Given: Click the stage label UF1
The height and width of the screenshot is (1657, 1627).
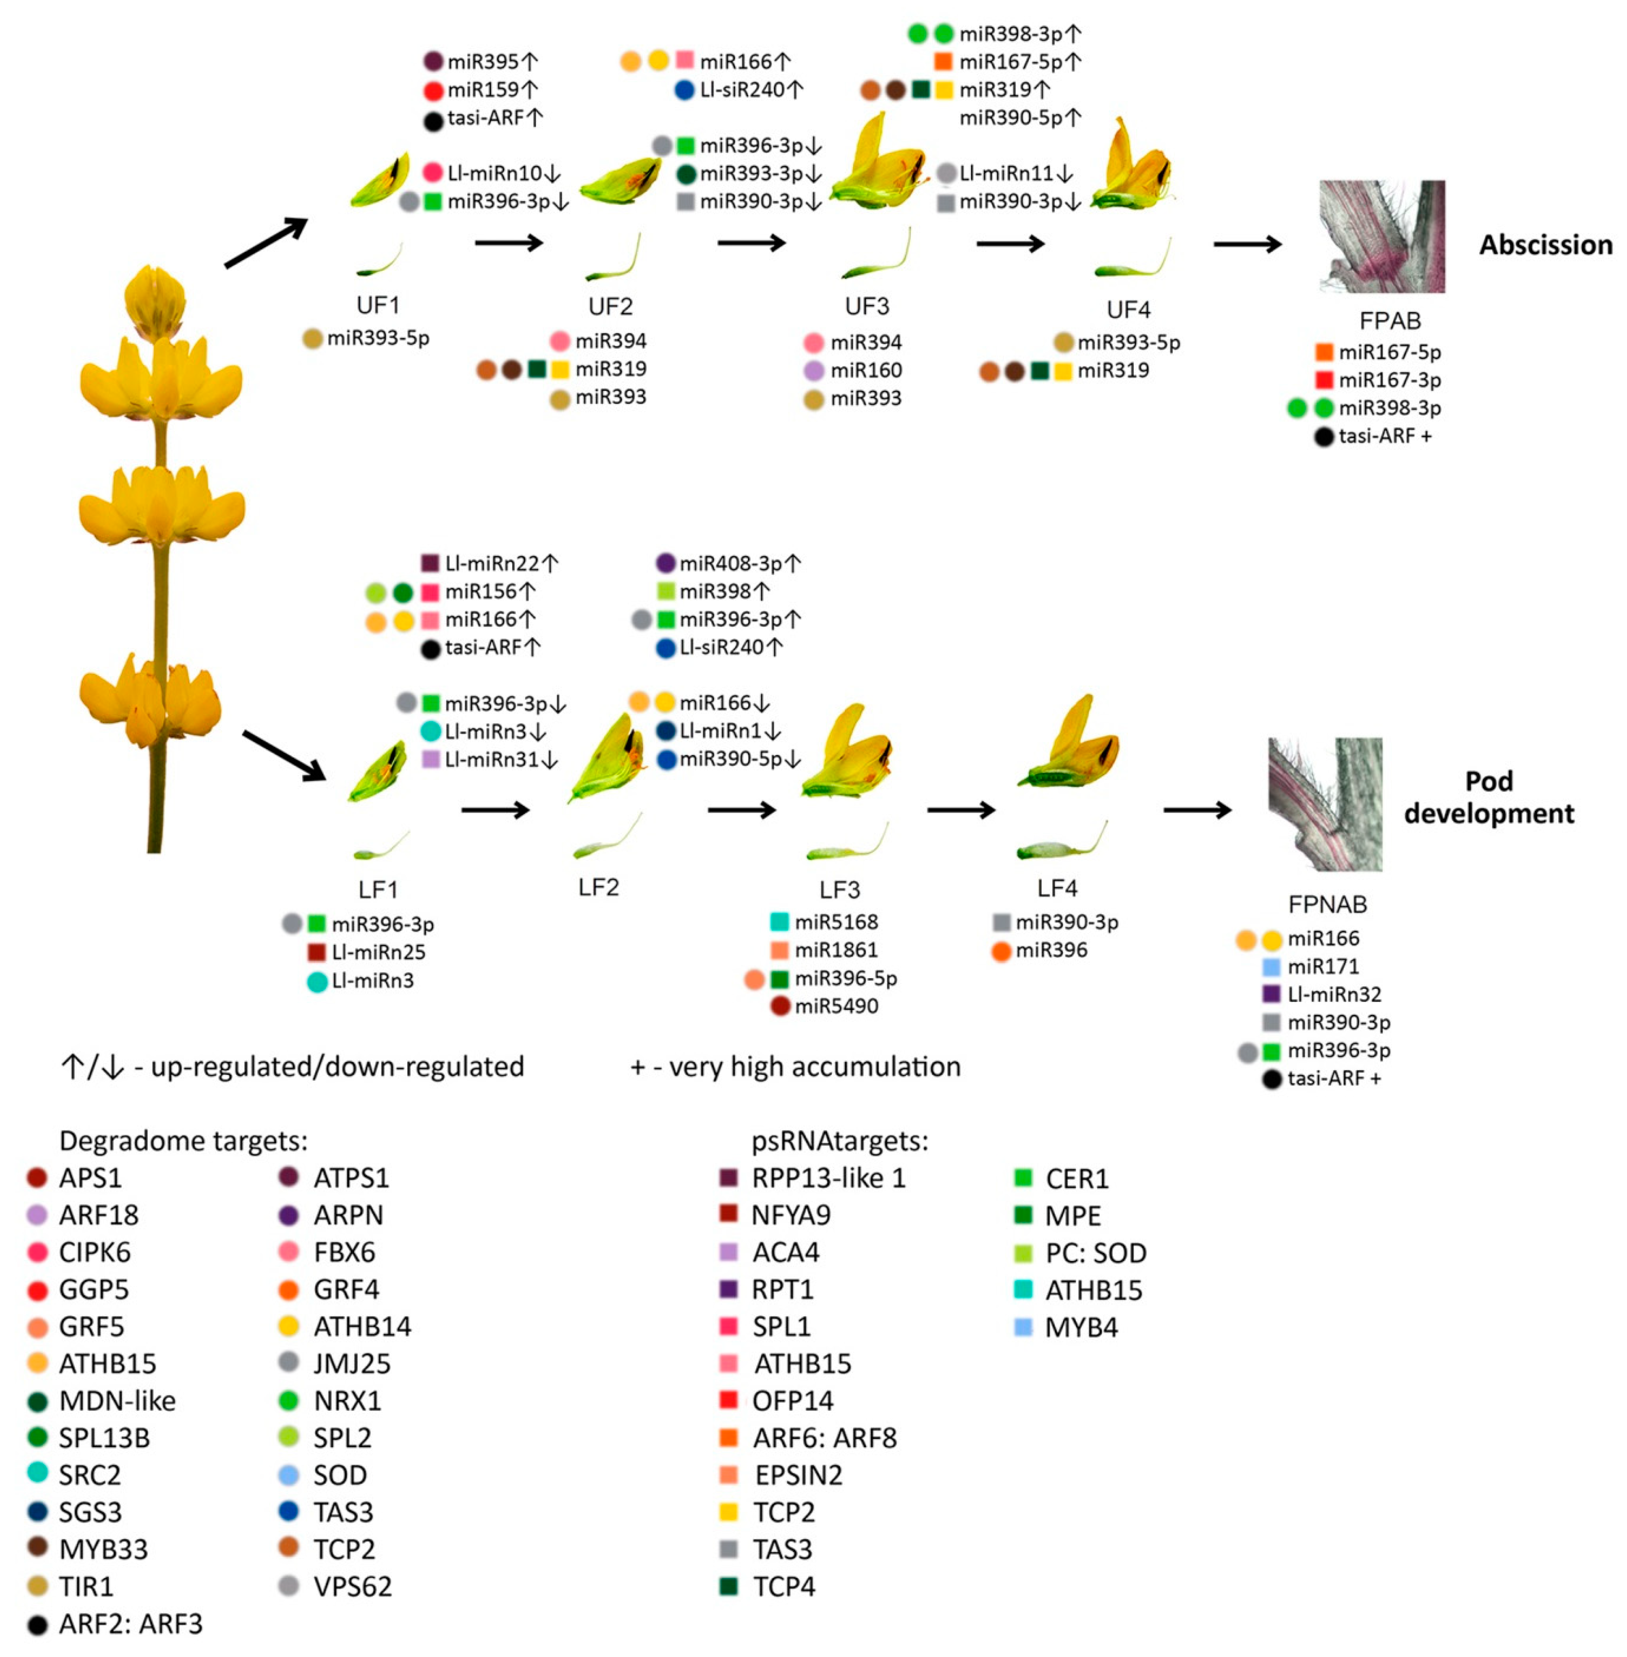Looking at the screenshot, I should click(377, 305).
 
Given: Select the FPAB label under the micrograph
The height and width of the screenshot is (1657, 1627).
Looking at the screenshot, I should click(1389, 321).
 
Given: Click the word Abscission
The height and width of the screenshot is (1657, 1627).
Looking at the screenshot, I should click(1545, 245).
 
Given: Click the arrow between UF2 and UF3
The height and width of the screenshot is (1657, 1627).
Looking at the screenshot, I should click(751, 244).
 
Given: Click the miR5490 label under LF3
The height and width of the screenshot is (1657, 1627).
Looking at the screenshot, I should click(836, 1006).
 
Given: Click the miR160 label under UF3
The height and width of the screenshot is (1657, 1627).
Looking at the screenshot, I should click(866, 370).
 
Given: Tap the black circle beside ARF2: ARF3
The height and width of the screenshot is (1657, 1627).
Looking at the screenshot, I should click(37, 1624).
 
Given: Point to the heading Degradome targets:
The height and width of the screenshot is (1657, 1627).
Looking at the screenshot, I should click(183, 1141).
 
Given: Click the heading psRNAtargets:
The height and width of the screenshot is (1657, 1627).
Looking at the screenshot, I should click(839, 1141).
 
